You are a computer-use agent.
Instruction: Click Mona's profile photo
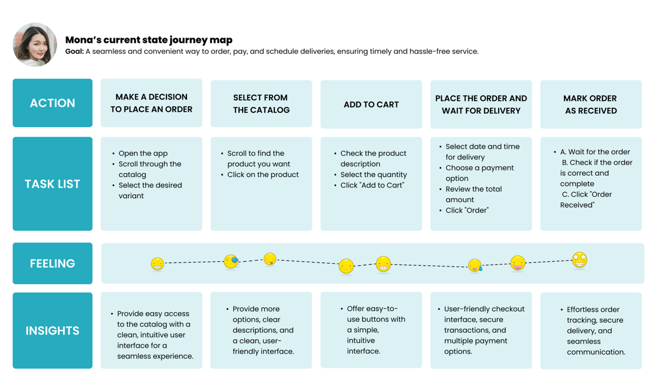35,45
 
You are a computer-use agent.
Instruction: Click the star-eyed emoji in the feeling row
580,260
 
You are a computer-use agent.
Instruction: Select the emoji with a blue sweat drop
475,265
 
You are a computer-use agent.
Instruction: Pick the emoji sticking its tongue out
270,259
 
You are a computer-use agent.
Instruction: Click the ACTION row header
52,103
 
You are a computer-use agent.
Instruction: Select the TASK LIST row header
52,184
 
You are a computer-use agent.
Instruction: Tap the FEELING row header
52,264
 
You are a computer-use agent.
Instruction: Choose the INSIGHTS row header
52,330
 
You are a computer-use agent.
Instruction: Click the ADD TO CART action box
371,104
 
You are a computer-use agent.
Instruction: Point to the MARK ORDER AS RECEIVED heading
590,104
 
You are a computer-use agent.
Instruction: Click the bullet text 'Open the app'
143,154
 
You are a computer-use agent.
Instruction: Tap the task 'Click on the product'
263,175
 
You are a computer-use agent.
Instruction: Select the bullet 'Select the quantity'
374,175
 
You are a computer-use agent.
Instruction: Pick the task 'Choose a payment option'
479,173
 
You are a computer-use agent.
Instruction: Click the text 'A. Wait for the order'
595,152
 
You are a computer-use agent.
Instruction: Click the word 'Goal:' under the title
74,52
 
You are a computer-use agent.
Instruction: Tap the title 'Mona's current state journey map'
149,40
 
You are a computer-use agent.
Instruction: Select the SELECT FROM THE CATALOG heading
261,104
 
